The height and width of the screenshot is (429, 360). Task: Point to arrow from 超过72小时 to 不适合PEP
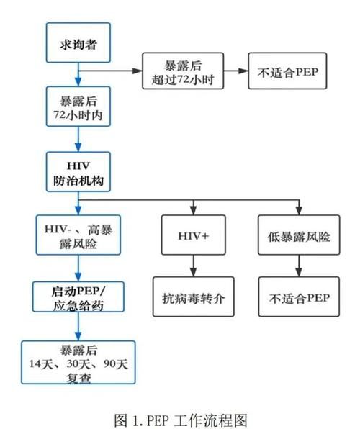click(x=237, y=71)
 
